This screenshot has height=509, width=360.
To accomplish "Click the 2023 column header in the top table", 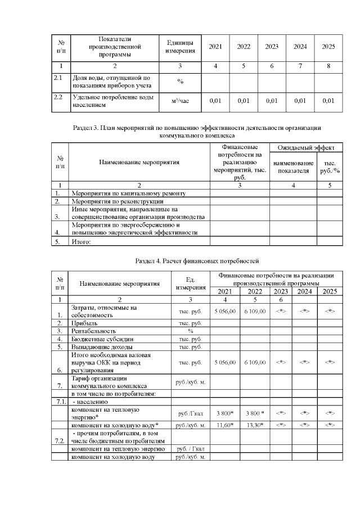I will pyautogui.click(x=272, y=47).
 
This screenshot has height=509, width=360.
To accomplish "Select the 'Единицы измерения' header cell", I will pyautogui.click(x=180, y=47).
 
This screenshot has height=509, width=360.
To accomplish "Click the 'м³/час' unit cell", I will pyautogui.click(x=180, y=101).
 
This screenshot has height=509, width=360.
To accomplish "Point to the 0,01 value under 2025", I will pyautogui.click(x=328, y=101).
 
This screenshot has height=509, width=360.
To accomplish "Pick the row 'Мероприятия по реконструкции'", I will pyautogui.click(x=117, y=201).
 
